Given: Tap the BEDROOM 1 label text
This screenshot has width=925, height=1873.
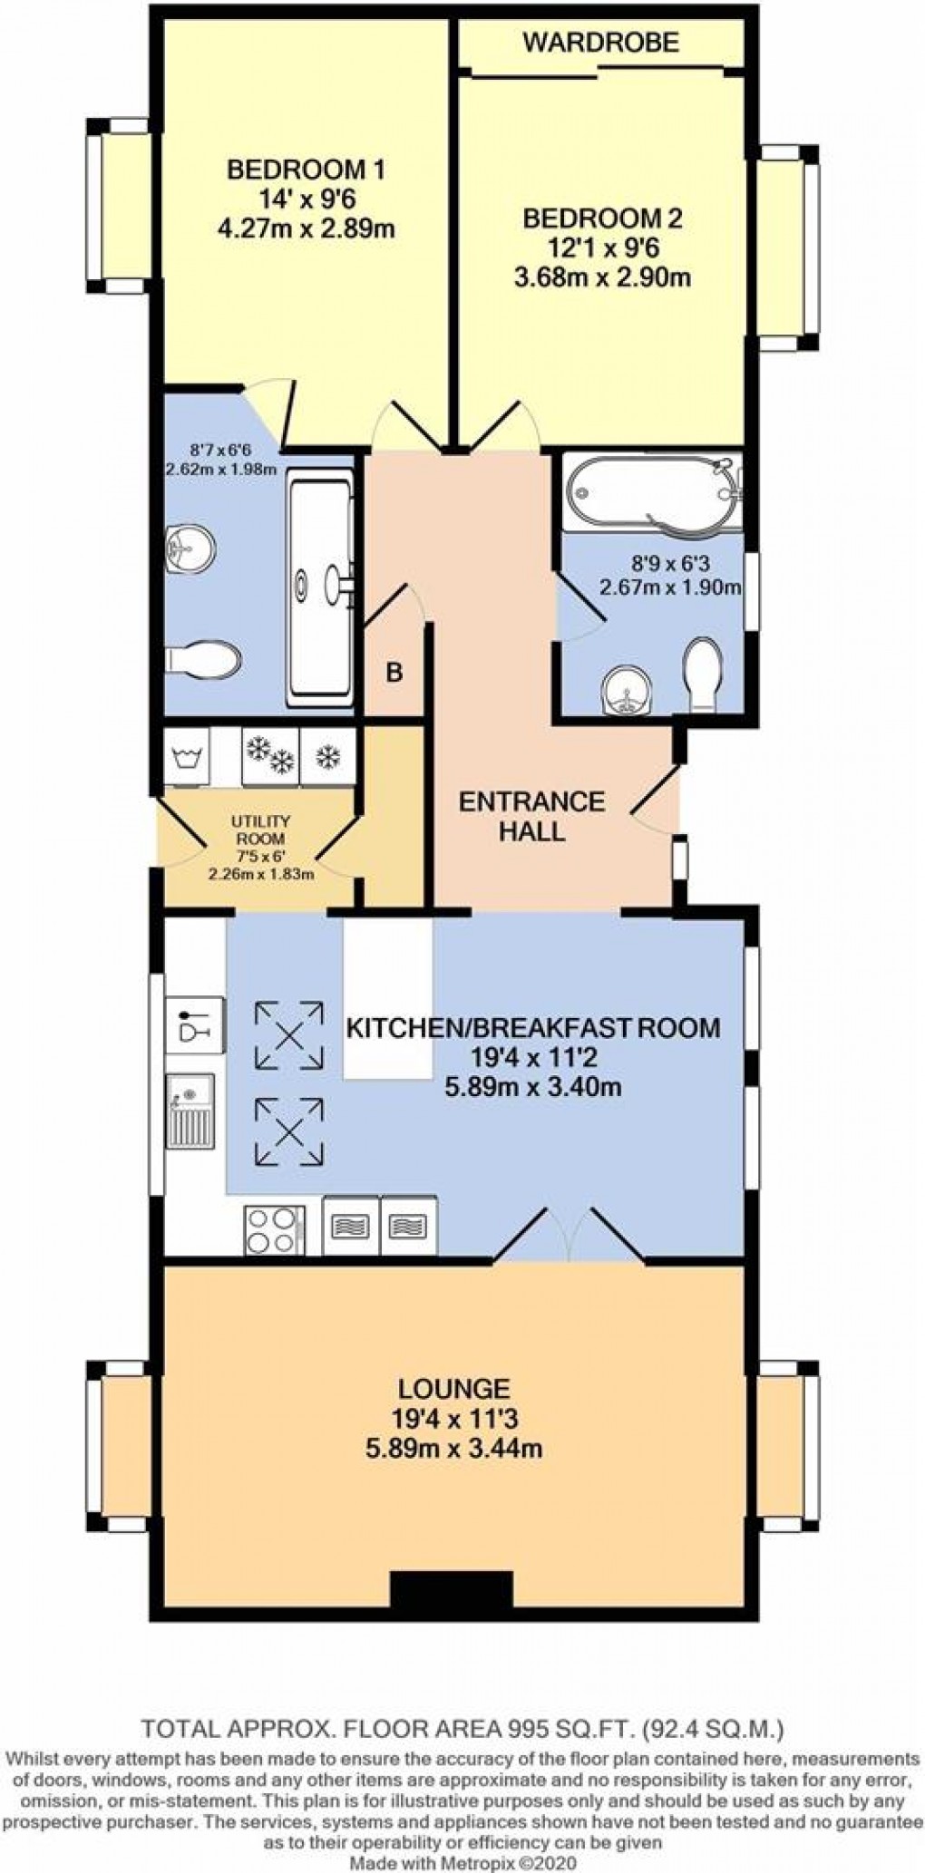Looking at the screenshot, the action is coord(306,169).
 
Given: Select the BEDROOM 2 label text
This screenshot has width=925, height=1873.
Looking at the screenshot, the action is coord(602,218).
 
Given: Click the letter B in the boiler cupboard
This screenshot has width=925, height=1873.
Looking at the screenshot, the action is coord(394,673).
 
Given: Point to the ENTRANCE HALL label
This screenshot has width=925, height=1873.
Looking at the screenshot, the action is coord(531,816).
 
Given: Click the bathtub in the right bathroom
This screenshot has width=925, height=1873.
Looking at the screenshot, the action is coord(652,494).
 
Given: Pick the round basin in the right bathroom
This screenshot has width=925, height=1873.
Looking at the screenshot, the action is coord(626,691).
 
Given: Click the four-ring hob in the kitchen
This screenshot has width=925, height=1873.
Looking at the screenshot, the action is coord(275,1229).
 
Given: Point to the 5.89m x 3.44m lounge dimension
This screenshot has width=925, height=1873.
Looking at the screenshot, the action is coord(453,1448).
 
